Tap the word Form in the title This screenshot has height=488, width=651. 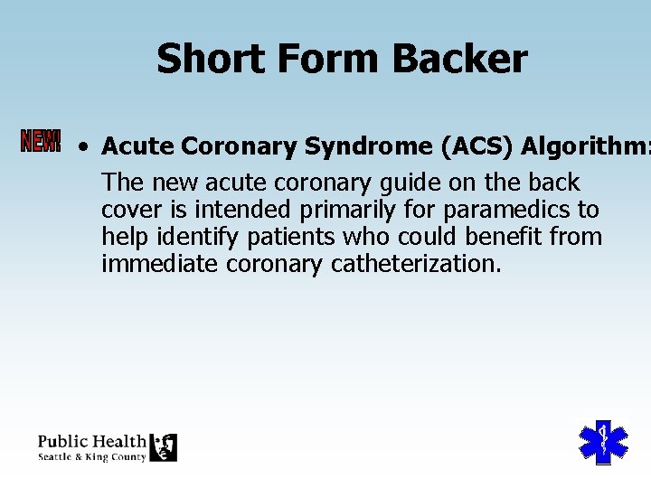pyautogui.click(x=311, y=59)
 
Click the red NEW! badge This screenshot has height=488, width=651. pyautogui.click(x=41, y=141)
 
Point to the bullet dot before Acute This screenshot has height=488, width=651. pyautogui.click(x=83, y=145)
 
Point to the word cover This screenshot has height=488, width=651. pyautogui.click(x=130, y=210)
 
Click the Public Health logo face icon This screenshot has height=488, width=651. pyautogui.click(x=163, y=447)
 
